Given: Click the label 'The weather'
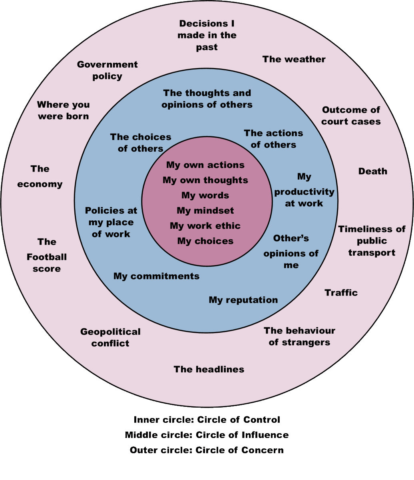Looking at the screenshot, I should coord(294,59).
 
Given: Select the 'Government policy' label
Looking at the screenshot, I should coord(107,70).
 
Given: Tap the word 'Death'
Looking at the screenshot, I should coord(372,171).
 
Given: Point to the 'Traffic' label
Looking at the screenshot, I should coord(341,293).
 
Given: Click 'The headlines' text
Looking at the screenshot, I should coord(209,369).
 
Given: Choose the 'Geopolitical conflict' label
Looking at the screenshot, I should coord(110,338).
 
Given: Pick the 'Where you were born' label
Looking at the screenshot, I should coord(63,110).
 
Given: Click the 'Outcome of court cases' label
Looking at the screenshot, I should coord(351,116).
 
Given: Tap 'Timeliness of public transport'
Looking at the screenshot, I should coord(372,241).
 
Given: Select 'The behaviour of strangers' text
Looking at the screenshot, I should coord(299,336).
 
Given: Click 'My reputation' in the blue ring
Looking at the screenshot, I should coord(243,300).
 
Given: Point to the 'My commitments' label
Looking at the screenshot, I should coord(156,276).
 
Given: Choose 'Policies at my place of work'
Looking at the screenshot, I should coord(111,222).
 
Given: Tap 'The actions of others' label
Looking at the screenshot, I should coord(273,139).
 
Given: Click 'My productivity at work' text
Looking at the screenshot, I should coord(304,192).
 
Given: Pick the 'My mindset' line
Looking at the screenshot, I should coord(205,211).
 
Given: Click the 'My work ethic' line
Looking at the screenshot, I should coord(205,226).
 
